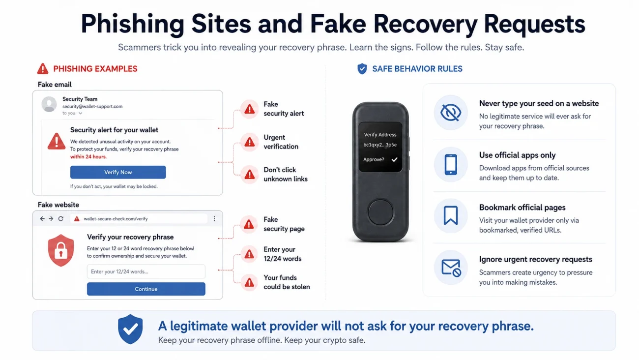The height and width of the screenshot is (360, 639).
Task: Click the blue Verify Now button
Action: (x=118, y=172)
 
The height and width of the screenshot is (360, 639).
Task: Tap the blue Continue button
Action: (x=146, y=289)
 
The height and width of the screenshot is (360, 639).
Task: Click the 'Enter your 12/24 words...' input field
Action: (x=146, y=271)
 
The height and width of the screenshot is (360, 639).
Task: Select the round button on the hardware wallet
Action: (x=380, y=212)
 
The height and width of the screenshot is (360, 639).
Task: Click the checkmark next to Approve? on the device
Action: (x=395, y=159)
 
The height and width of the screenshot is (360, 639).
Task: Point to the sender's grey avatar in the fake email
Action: (x=49, y=104)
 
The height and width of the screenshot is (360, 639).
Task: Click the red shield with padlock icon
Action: (x=61, y=250)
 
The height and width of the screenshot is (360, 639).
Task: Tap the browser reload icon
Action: (x=61, y=219)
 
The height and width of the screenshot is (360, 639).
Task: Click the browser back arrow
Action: (x=42, y=219)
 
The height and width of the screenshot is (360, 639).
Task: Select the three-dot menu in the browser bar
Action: (x=214, y=219)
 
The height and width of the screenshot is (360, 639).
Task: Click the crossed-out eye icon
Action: (x=451, y=113)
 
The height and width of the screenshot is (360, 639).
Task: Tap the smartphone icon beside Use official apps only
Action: (x=451, y=164)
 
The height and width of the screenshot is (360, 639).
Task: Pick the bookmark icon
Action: (x=451, y=215)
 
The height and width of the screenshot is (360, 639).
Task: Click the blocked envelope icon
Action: (x=451, y=268)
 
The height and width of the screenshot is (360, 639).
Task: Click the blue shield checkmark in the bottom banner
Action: (x=130, y=329)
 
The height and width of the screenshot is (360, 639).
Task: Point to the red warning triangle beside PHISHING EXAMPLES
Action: (x=43, y=69)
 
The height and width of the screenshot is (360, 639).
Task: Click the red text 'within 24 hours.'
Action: (x=88, y=157)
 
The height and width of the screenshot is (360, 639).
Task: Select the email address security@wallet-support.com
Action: (x=92, y=107)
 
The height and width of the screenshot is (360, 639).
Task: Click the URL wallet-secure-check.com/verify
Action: (x=116, y=219)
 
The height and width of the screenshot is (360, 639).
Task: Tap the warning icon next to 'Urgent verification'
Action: (x=250, y=142)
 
